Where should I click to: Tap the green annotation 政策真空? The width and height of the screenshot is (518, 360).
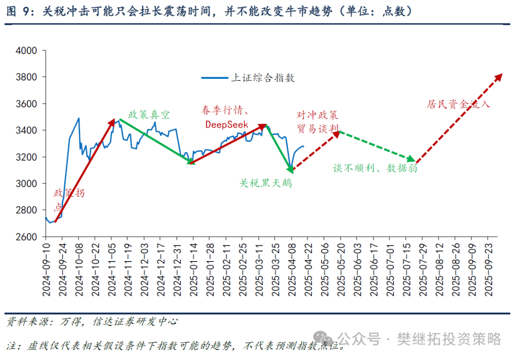[149, 115]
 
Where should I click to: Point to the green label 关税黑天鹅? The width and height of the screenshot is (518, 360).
[266, 183]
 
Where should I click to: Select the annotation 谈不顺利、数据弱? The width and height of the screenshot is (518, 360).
[375, 168]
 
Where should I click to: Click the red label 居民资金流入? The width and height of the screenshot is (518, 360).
[458, 104]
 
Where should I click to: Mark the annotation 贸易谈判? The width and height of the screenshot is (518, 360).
[318, 128]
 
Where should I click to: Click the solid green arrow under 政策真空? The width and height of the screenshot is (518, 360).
[154, 141]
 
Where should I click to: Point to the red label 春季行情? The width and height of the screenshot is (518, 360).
[222, 111]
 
